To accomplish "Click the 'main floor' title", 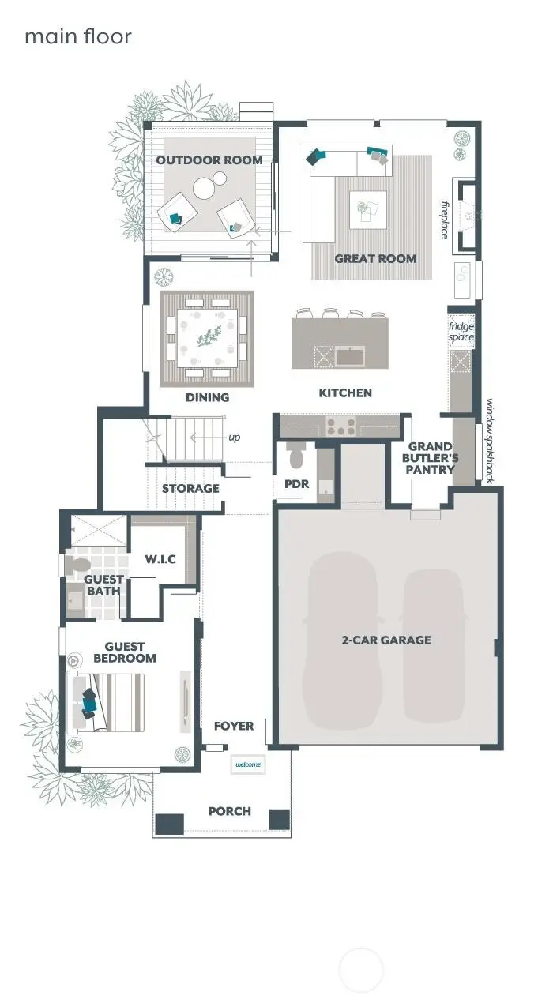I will pyautogui.click(x=77, y=36).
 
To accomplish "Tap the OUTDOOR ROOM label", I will pyautogui.click(x=209, y=160).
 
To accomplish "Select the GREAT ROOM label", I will pyautogui.click(x=375, y=258).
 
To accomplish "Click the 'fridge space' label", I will pyautogui.click(x=461, y=332).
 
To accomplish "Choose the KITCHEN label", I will pyautogui.click(x=345, y=393).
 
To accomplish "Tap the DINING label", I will pyautogui.click(x=207, y=397).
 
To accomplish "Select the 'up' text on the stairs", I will pyautogui.click(x=235, y=438).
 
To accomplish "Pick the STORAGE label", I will pyautogui.click(x=190, y=488).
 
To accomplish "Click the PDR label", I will pyautogui.click(x=291, y=484).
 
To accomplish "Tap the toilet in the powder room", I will pyautogui.click(x=297, y=456).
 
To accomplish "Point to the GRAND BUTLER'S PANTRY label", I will pyautogui.click(x=431, y=458).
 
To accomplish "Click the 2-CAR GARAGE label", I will pyautogui.click(x=386, y=640).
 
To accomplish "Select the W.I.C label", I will pyautogui.click(x=160, y=559).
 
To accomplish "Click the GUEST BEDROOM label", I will pyautogui.click(x=125, y=652).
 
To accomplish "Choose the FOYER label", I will pyautogui.click(x=234, y=726).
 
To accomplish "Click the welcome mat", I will pyautogui.click(x=247, y=764).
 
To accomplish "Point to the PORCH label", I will pyautogui.click(x=230, y=811).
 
